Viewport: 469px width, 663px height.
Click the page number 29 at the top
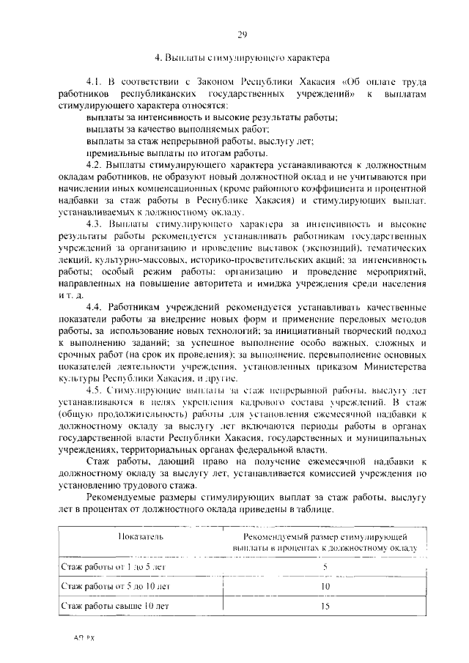(242, 34)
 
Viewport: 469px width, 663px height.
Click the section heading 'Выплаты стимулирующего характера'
(250, 57)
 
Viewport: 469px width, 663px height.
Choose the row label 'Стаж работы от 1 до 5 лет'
(115, 566)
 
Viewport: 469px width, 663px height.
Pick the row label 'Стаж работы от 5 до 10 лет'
(115, 586)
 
